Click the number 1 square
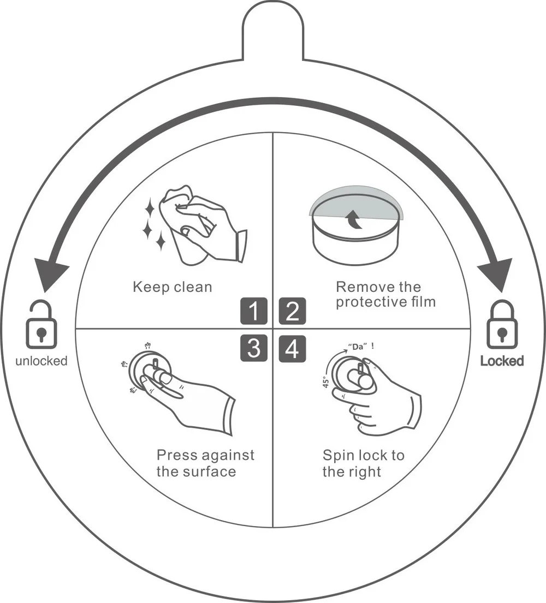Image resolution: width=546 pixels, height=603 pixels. coord(254,311)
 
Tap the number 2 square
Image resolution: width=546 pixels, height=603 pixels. coord(292,311)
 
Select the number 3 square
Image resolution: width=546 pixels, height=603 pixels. coord(254,349)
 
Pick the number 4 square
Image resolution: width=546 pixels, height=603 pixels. coord(292,349)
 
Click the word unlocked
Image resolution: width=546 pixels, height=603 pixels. coord(41,361)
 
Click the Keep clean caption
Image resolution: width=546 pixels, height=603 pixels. coord(172,287)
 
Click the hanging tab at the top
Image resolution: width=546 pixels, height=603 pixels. coord(273,30)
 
